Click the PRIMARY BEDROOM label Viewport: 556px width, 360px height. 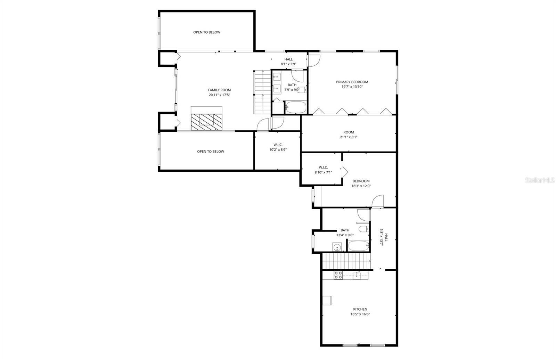tap(352, 82)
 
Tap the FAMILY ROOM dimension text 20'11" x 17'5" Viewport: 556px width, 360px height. tap(219, 95)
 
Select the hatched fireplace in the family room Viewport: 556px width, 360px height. tap(206, 122)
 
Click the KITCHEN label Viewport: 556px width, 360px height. tap(360, 309)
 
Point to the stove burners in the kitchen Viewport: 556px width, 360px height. tap(338, 275)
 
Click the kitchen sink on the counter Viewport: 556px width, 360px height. tap(357, 276)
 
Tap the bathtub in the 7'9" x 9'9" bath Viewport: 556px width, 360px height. tap(296, 107)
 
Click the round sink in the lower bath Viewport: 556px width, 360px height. tap(336, 247)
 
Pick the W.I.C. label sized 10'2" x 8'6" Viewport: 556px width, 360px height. tap(278, 145)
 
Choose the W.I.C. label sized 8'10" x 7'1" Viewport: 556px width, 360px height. tap(323, 167)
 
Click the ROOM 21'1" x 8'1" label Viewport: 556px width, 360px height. tap(349, 132)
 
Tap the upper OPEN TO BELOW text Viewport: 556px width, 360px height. tap(207, 32)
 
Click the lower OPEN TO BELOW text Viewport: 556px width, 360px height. tap(211, 152)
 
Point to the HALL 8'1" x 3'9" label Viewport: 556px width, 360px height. tap(288, 59)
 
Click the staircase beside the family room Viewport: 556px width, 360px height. tap(262, 92)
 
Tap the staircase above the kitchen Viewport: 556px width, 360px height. tap(346, 261)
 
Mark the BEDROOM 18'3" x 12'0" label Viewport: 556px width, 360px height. tap(361, 181)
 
